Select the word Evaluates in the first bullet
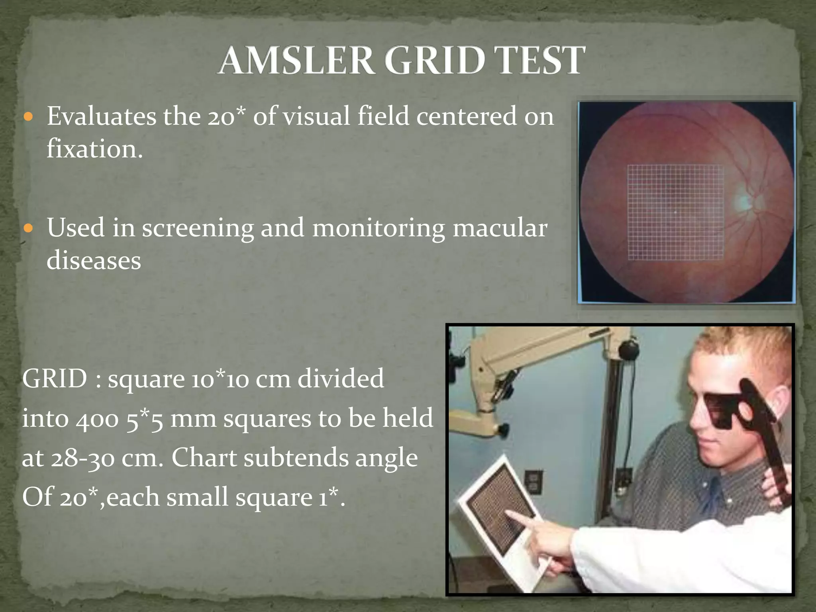click(102, 117)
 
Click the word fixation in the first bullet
click(94, 149)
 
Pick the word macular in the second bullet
click(500, 229)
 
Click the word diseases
click(94, 261)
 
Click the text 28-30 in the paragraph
click(84, 458)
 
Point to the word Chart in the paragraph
click(204, 458)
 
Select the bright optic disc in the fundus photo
click(743, 201)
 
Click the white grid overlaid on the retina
click(675, 212)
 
